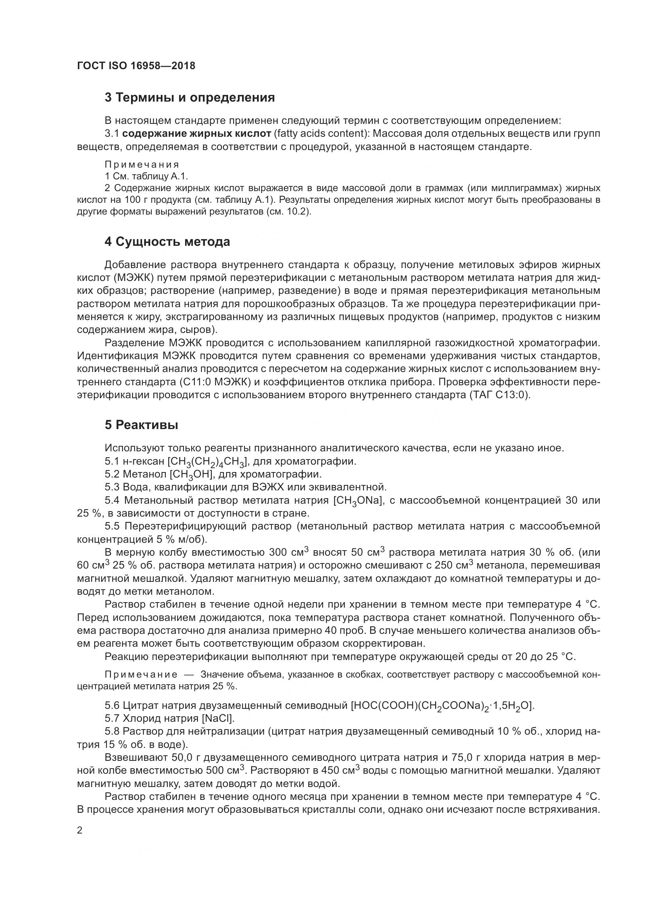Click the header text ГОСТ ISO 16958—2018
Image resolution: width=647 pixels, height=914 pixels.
point(136,66)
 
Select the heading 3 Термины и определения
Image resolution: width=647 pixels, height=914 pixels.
point(190,98)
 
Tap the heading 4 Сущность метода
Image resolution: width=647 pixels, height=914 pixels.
point(167,241)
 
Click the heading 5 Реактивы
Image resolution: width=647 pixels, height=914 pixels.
point(142,425)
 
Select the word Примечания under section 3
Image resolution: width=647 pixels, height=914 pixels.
point(142,165)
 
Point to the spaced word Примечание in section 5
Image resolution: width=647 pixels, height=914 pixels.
point(141,674)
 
